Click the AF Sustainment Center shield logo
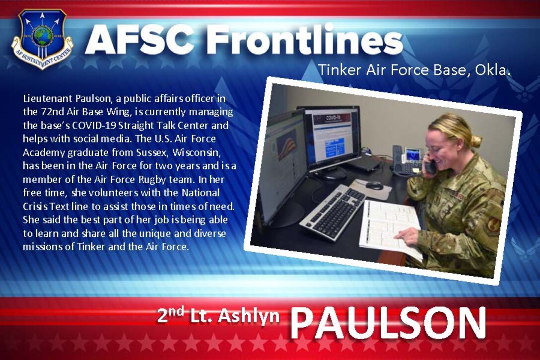(43, 39)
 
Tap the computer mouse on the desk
(374, 185)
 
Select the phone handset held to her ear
(430, 166)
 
